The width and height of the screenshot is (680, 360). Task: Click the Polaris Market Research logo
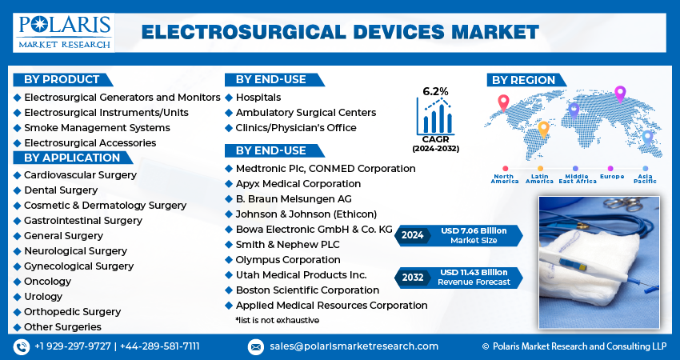[64, 33]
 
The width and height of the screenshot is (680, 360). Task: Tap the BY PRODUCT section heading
[62, 80]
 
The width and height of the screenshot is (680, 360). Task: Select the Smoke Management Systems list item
[97, 127]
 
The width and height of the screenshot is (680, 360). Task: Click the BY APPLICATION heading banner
[73, 158]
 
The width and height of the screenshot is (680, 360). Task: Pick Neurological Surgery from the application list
[75, 251]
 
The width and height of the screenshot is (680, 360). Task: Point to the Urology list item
[43, 297]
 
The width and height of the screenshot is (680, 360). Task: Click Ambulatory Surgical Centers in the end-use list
[306, 112]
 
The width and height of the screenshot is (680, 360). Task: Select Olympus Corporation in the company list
[288, 260]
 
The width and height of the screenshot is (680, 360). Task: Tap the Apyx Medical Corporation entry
[298, 184]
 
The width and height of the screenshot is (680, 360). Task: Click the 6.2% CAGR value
[435, 91]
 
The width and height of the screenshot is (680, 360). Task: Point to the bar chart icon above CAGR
[435, 116]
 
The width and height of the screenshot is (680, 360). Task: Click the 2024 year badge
[413, 235]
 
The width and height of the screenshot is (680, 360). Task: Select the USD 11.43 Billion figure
[474, 272]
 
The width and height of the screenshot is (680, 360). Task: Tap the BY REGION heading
[523, 80]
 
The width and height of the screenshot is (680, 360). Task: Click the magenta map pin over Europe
[620, 94]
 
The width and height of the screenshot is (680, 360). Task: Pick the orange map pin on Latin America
[543, 130]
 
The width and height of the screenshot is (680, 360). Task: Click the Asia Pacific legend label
[645, 178]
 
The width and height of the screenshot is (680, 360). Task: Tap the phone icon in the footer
[22, 346]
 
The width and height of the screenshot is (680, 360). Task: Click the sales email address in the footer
[354, 346]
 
